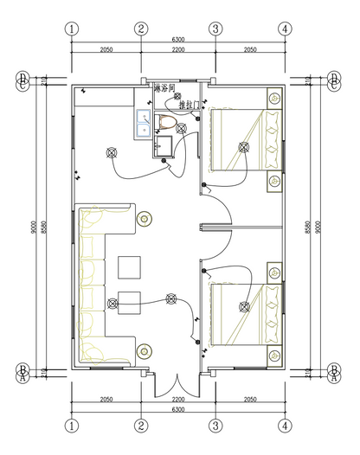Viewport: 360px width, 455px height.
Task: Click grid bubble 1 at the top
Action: click(x=72, y=29)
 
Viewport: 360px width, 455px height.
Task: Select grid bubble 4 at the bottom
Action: click(x=285, y=425)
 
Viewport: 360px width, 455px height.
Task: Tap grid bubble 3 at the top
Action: click(x=215, y=29)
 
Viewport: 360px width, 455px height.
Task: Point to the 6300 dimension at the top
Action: click(x=178, y=40)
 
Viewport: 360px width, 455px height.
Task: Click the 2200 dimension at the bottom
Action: click(x=178, y=401)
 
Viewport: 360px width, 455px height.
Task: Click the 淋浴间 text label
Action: click(x=164, y=89)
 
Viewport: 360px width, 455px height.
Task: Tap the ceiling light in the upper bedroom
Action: click(x=244, y=147)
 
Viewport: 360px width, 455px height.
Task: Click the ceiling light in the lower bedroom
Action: click(x=244, y=304)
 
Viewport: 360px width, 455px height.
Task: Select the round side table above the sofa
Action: click(x=144, y=220)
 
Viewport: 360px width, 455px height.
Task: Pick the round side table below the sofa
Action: click(x=144, y=350)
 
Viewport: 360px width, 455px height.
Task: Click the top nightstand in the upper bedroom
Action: click(x=273, y=98)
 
